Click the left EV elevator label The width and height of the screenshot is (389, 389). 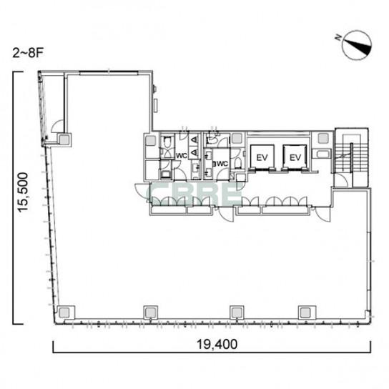262,157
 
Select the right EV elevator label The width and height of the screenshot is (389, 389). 295,157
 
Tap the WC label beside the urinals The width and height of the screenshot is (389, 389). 182,156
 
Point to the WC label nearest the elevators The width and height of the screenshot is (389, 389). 222,164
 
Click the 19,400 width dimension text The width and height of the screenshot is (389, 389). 217,345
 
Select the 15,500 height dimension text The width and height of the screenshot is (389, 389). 24,192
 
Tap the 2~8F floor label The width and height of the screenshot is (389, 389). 28,53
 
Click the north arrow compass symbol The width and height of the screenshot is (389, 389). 357,45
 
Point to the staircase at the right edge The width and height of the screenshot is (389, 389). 351,157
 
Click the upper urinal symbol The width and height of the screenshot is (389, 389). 194,139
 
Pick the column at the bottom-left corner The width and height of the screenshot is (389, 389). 64,312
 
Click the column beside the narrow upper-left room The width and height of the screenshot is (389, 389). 64,140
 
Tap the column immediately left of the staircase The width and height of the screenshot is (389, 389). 322,138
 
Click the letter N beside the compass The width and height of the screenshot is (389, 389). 338,37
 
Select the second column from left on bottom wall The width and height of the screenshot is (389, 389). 151,312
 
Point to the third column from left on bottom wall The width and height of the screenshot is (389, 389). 237,312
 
